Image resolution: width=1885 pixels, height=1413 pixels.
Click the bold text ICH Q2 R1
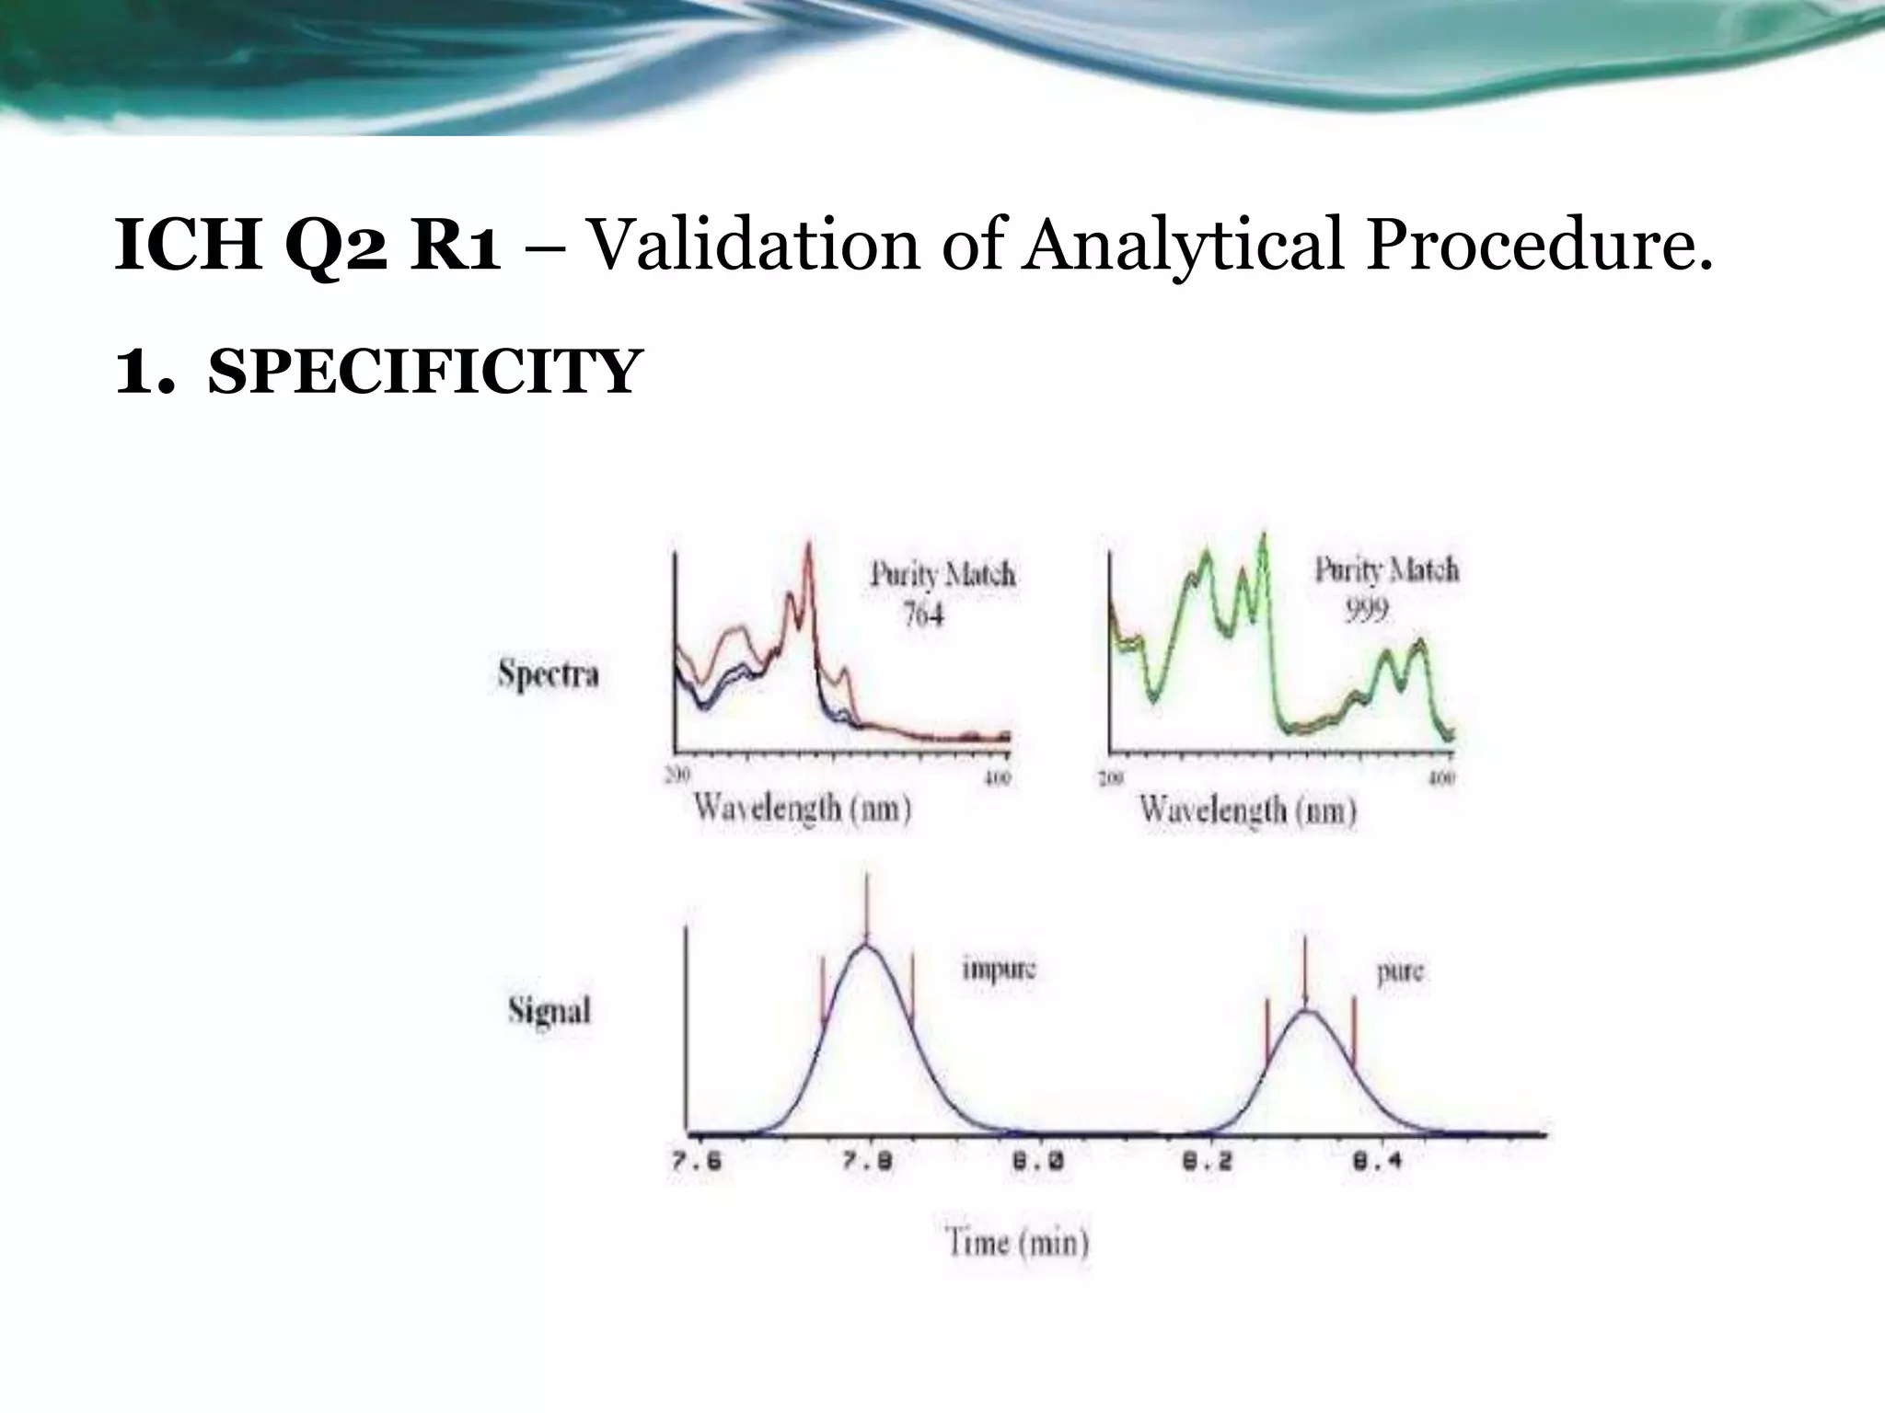click(307, 247)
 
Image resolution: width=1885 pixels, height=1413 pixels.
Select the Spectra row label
click(549, 674)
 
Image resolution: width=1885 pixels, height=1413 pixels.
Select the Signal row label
click(549, 1011)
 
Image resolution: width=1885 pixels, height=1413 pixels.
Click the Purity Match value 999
click(1366, 610)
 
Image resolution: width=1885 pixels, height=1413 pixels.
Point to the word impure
click(999, 970)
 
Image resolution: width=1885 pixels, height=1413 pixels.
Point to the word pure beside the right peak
click(1400, 972)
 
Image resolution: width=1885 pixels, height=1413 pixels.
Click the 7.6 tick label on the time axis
click(696, 1161)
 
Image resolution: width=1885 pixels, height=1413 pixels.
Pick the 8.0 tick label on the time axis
click(1038, 1161)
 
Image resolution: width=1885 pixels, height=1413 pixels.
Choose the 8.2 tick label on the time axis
click(1207, 1161)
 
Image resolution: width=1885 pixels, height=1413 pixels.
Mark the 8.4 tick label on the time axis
click(1377, 1161)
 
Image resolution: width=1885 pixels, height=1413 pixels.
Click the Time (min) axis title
click(1017, 1244)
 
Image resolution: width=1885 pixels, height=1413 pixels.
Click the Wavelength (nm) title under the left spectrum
click(803, 809)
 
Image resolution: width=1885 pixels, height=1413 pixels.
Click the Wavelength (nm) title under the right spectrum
click(1248, 810)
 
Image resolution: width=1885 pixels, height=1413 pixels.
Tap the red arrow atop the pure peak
click(1304, 971)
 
